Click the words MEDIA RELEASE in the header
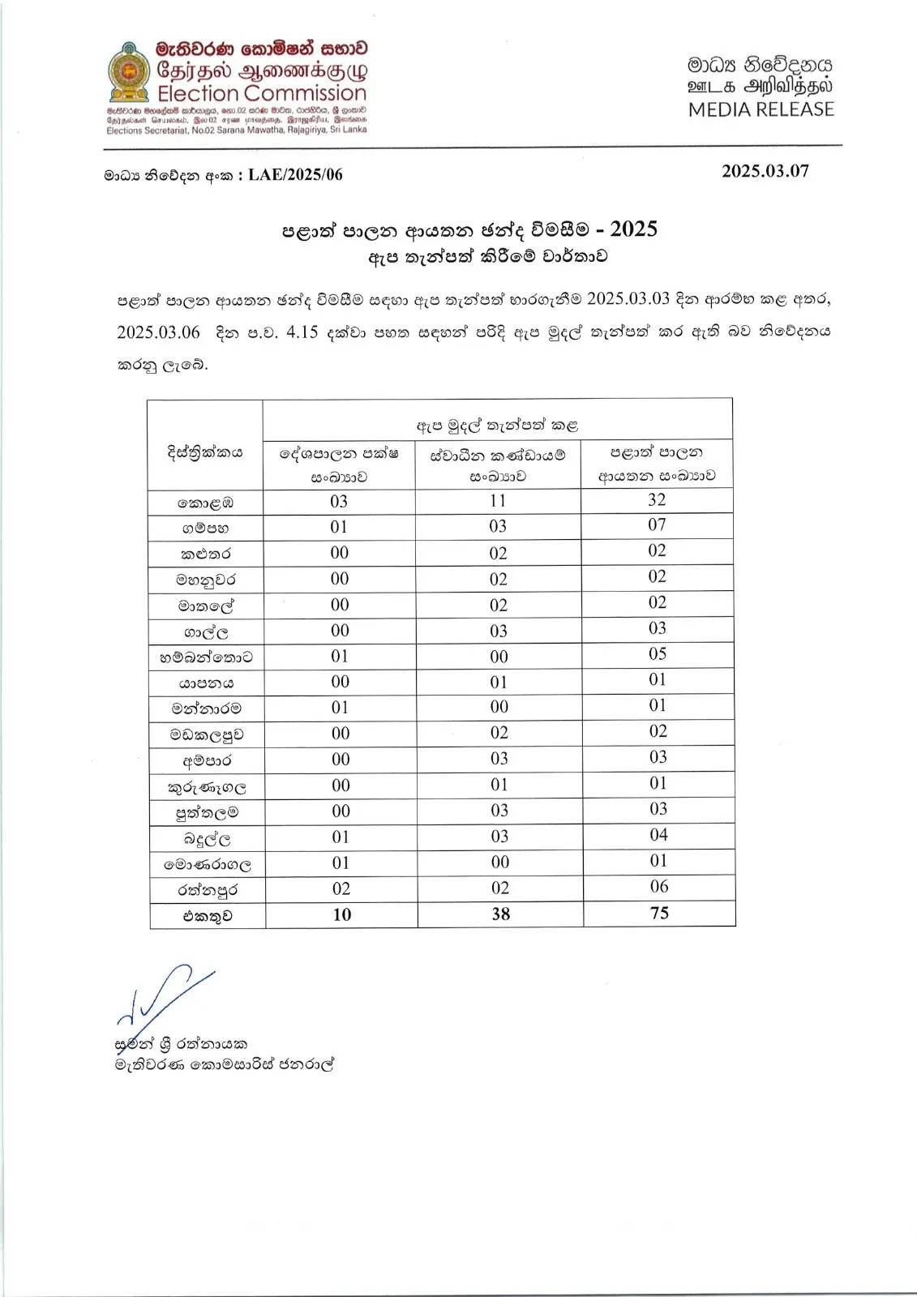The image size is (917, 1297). [761, 109]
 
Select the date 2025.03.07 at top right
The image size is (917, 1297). [765, 171]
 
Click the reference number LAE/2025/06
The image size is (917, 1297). [295, 175]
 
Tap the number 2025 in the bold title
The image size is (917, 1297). [633, 229]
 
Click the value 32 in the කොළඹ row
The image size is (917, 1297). [657, 500]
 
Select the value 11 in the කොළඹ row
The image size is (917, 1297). [498, 501]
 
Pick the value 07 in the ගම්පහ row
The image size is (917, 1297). [657, 525]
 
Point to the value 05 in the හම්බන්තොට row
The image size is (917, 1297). [658, 654]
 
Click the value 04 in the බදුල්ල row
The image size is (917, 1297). [658, 835]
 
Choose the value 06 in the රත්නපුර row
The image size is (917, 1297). [659, 887]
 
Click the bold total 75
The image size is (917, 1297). [659, 914]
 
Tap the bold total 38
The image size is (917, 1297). [501, 914]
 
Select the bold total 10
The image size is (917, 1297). [342, 915]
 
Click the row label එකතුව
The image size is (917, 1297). [208, 916]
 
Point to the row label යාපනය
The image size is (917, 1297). [207, 683]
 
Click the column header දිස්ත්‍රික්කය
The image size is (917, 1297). [205, 453]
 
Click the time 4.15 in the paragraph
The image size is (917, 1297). [302, 332]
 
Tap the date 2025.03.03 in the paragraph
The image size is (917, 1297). [628, 298]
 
